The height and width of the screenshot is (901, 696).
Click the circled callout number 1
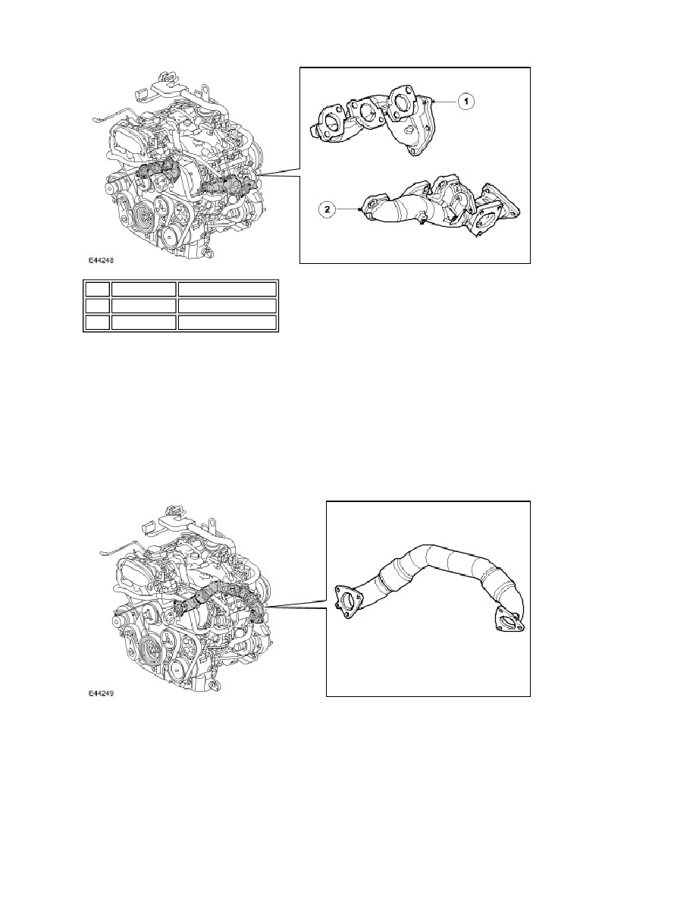pos(466,101)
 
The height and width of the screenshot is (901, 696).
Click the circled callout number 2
pos(328,210)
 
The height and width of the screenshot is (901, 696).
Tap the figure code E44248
pos(101,259)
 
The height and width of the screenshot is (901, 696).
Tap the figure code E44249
pos(101,693)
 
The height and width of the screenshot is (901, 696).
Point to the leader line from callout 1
pos(447,101)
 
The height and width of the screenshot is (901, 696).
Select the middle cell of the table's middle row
pos(143,306)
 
